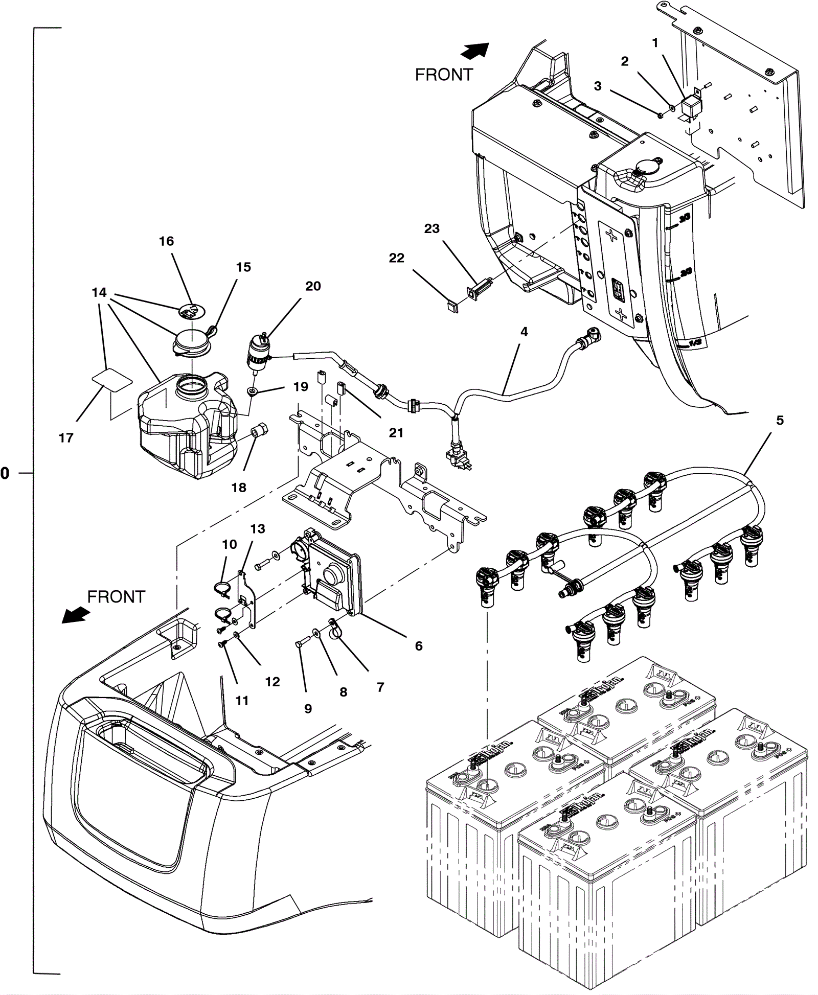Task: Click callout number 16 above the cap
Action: (x=166, y=241)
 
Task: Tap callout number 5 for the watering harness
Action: (x=780, y=420)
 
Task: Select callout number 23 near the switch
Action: (x=431, y=228)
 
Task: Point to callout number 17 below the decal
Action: (x=66, y=437)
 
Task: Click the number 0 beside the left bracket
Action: (x=5, y=473)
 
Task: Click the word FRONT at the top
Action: (x=444, y=75)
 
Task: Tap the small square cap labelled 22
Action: (x=452, y=307)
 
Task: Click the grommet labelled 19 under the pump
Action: (x=252, y=392)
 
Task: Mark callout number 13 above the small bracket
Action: (x=258, y=528)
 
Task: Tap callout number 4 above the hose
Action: (x=524, y=332)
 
